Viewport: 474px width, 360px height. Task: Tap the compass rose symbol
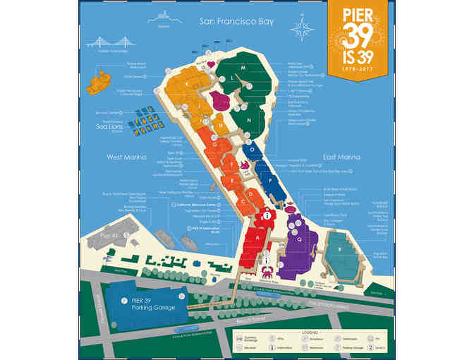(305, 30)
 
